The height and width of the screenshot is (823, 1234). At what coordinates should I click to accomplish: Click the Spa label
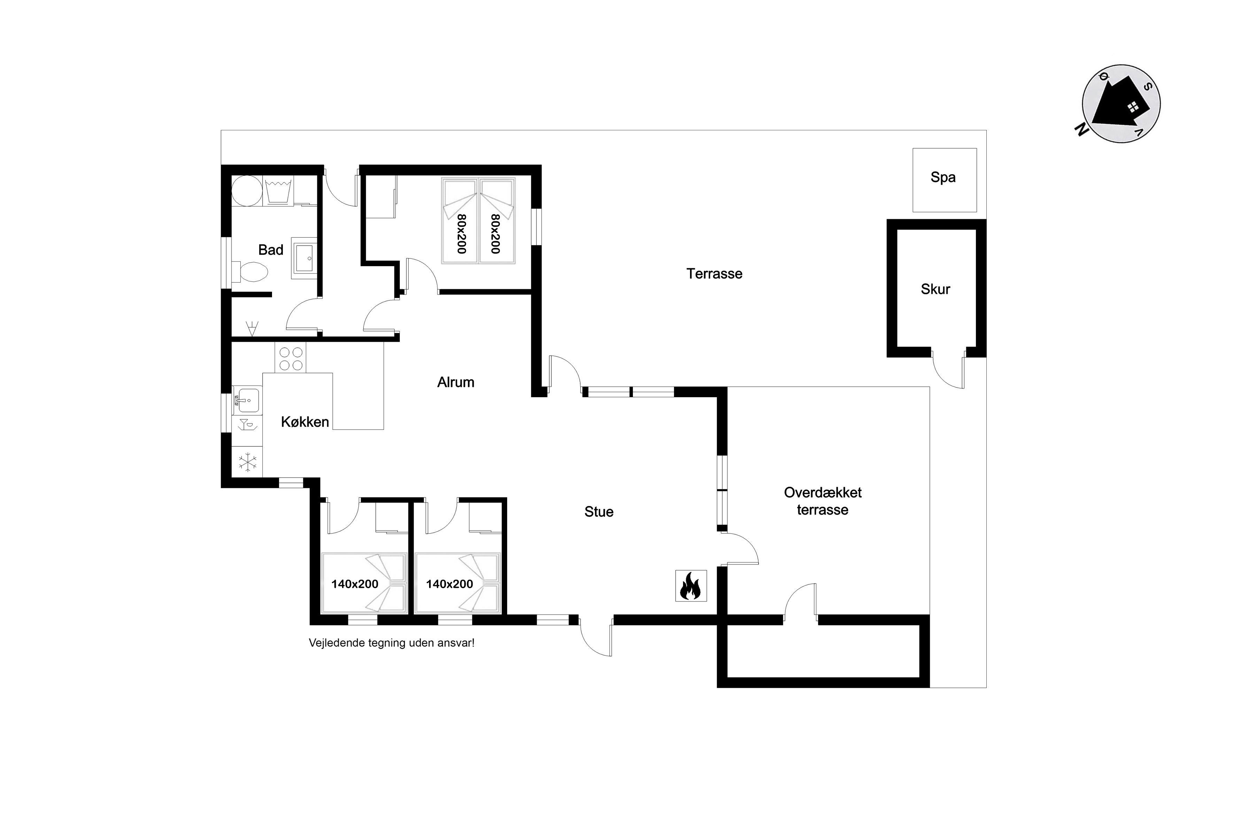coord(943,177)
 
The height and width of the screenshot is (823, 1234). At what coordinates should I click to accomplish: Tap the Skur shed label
coord(936,289)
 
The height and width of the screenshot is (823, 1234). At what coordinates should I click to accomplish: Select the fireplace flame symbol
coord(690,586)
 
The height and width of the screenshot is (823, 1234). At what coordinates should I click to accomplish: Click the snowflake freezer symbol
coord(248,462)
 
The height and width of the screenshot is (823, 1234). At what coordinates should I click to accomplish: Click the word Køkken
coord(305,422)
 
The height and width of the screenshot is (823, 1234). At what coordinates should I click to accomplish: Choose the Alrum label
coord(456,382)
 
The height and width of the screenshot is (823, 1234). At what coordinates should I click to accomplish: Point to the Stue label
coord(599,512)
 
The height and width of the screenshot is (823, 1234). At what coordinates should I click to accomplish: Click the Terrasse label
coord(715,274)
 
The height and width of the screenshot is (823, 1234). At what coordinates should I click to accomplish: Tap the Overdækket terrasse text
coord(823,501)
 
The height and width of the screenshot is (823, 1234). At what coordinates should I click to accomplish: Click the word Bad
coord(271,250)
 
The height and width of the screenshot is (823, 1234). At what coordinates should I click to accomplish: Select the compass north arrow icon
coord(1121,103)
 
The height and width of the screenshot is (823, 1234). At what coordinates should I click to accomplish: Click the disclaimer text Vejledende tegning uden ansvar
coord(391,643)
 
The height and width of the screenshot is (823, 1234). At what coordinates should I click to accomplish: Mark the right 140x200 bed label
coord(450,584)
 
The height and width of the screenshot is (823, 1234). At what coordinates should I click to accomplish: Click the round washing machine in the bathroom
coord(247,191)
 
